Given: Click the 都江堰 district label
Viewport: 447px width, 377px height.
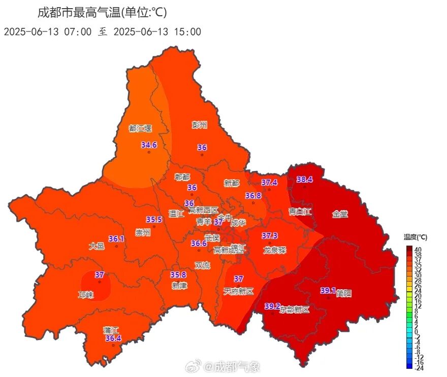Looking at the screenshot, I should click(140, 128).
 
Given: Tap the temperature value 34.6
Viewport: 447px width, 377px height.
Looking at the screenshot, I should click(149, 145).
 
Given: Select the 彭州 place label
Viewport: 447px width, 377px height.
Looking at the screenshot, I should click(200, 125).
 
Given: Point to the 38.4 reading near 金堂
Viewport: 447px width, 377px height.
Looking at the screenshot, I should click(304, 179).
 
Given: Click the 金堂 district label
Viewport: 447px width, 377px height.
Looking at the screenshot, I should click(340, 214).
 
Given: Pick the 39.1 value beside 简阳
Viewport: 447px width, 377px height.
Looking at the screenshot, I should click(328, 291).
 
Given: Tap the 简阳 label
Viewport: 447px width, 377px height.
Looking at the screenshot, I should click(344, 293).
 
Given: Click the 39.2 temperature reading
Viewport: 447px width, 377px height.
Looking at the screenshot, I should click(272, 306).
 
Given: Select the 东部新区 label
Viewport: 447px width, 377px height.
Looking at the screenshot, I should click(295, 310).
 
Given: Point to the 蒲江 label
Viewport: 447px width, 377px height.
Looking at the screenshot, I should click(111, 330).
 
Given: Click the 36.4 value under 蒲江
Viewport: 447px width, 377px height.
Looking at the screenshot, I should click(113, 338).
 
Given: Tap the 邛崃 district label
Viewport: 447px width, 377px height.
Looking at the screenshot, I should click(86, 295).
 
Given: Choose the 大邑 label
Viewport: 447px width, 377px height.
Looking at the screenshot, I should click(97, 246).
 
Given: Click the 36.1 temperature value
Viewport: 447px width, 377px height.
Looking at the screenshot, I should click(116, 239).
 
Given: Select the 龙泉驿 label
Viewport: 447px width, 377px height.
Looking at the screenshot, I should click(275, 250).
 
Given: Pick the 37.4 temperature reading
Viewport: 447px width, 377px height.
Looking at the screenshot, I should click(269, 183).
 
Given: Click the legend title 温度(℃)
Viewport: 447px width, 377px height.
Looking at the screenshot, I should click(416, 237).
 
